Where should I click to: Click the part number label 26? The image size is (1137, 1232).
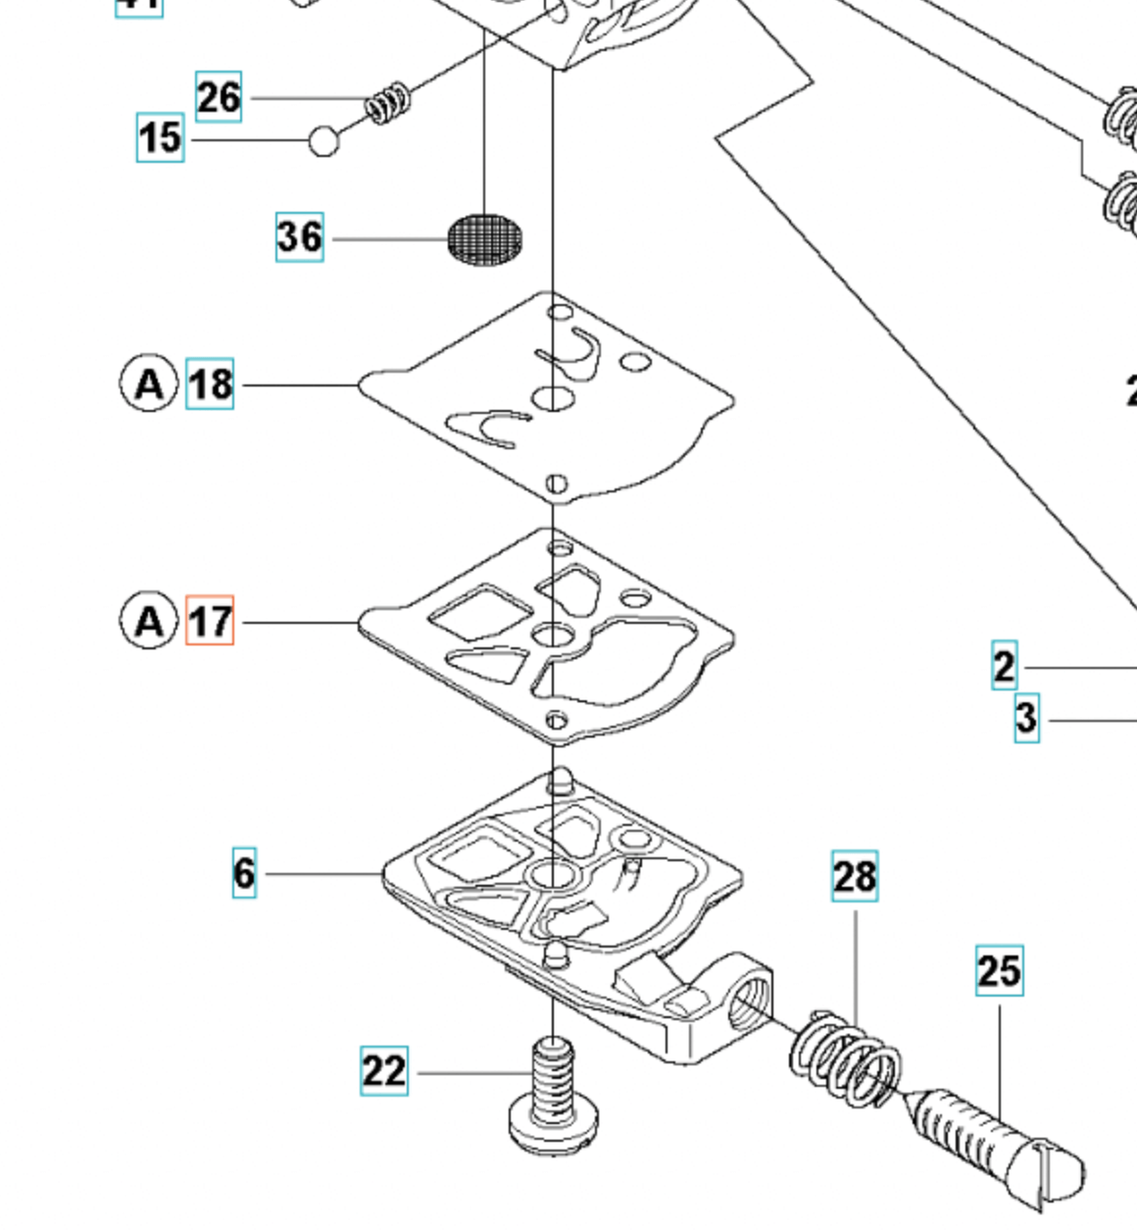coord(219,96)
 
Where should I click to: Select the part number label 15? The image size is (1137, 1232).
coord(160,137)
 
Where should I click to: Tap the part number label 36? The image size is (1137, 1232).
coord(299,236)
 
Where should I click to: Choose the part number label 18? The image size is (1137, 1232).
coord(210,384)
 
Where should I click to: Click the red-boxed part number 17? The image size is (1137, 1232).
coord(210,621)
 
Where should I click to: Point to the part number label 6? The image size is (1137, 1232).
coord(244,872)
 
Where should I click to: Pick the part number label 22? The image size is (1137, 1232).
coord(383,1070)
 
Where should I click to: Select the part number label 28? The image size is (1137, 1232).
coord(854,876)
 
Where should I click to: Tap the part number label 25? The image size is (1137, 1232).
coord(999,970)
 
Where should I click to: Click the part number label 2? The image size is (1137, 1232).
coord(1004,666)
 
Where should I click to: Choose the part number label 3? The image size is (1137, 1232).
coord(1026,718)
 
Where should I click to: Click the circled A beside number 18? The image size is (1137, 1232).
coord(149,383)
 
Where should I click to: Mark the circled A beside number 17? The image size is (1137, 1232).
coord(149,620)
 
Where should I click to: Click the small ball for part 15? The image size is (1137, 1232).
coord(323,140)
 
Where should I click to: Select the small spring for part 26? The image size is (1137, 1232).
coord(388,102)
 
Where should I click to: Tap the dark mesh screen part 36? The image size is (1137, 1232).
coord(485,238)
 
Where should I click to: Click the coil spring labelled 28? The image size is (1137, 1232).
coord(846,1057)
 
